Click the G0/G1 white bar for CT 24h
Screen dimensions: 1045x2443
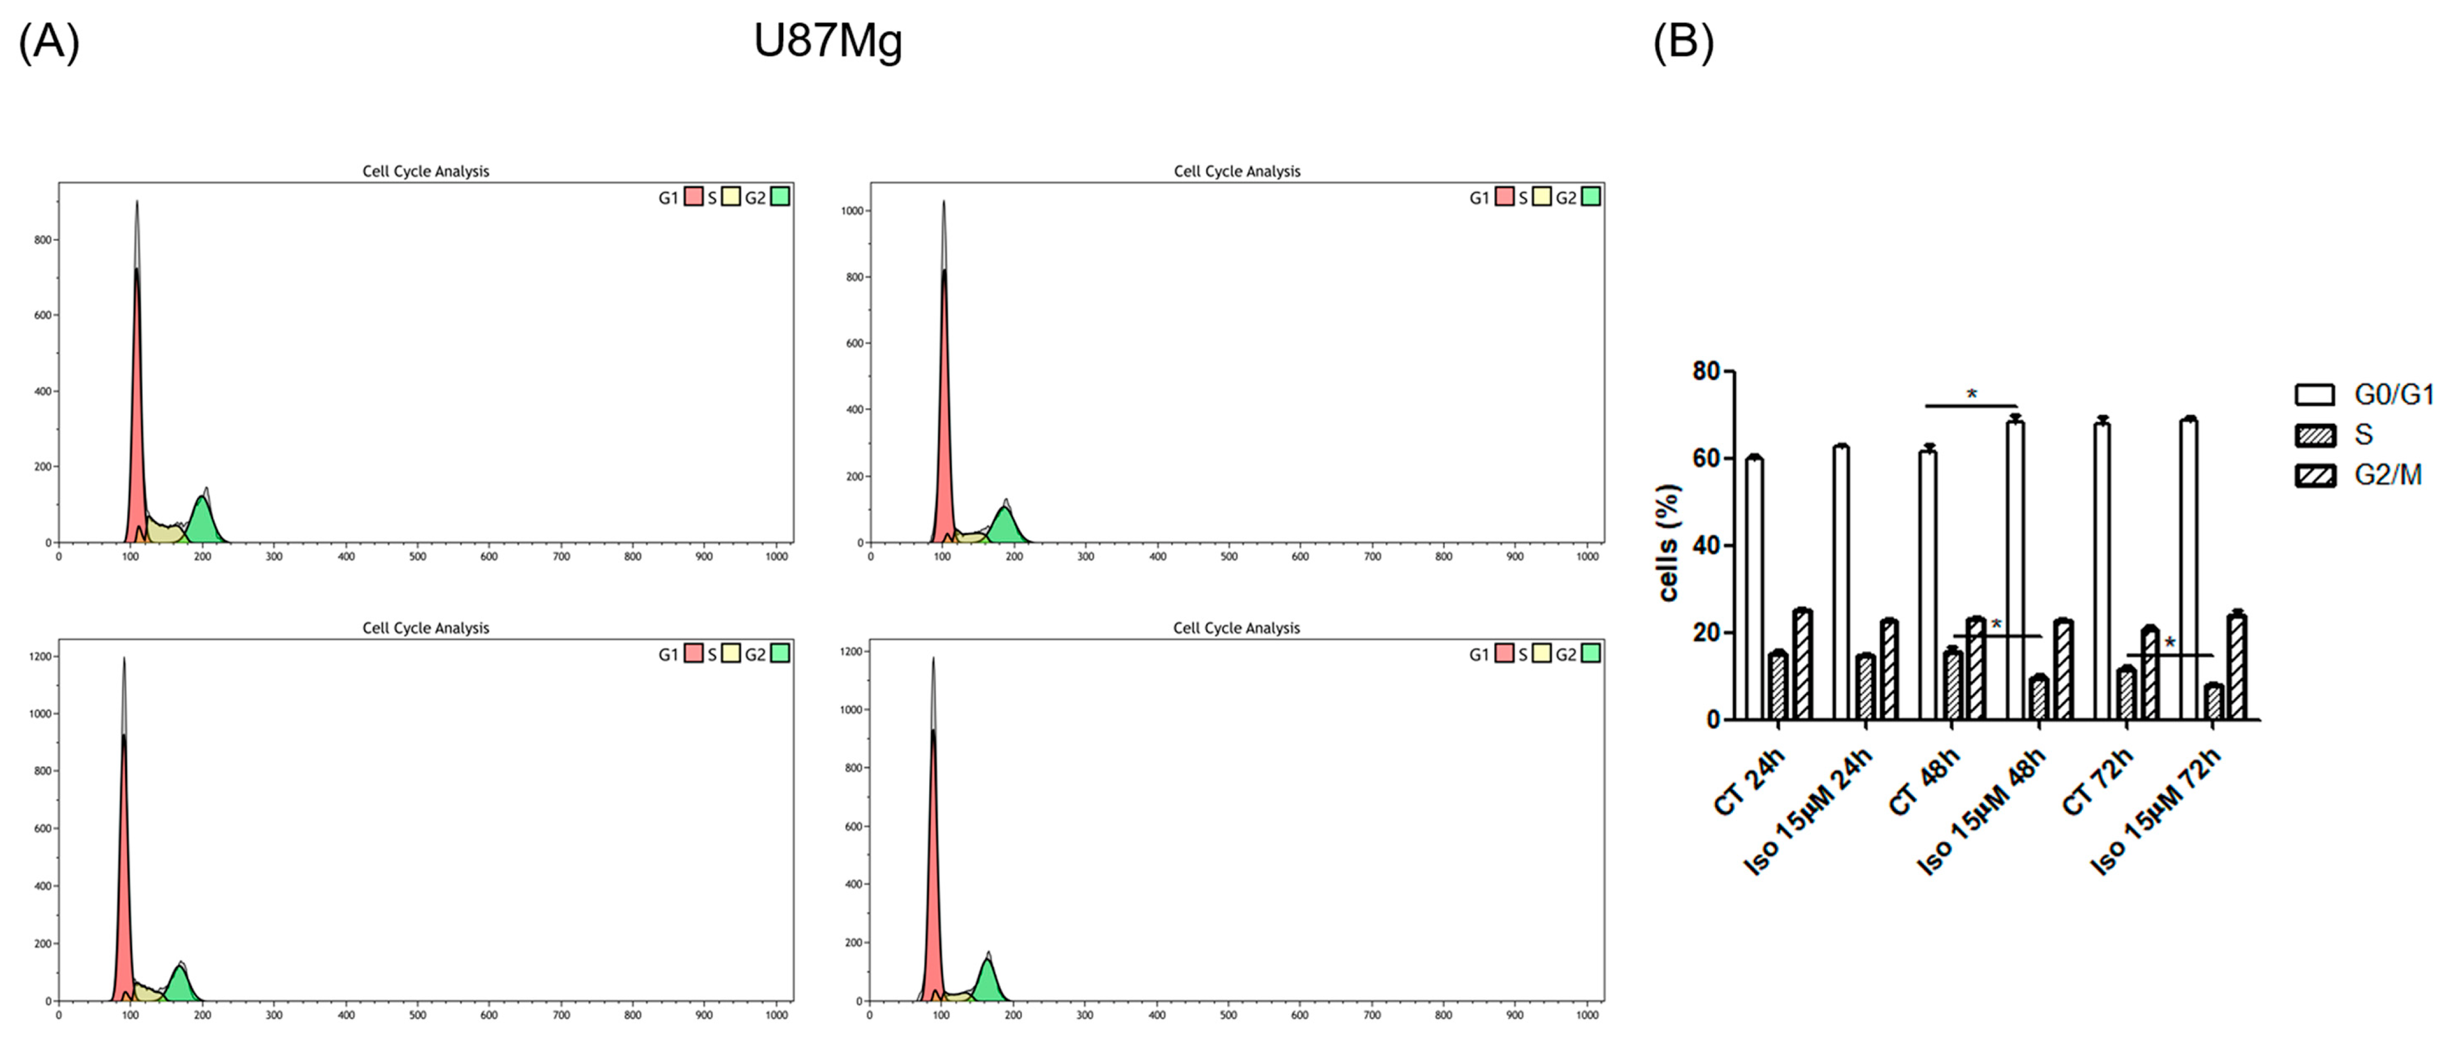click(x=1754, y=588)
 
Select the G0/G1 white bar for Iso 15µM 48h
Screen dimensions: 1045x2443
click(x=2014, y=569)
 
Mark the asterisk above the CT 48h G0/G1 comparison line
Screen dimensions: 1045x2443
click(x=1971, y=393)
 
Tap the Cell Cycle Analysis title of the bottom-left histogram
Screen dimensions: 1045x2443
click(x=426, y=628)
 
